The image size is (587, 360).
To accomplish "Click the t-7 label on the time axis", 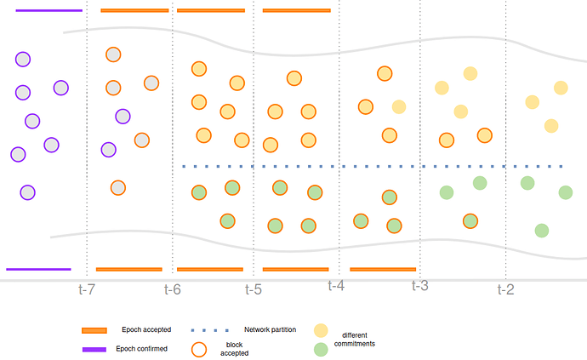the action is pyautogui.click(x=87, y=289).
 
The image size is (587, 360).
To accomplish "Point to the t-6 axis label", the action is pyautogui.click(x=173, y=289).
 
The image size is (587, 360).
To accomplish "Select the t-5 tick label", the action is pyautogui.click(x=254, y=289).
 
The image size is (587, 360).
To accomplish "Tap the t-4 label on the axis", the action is pyautogui.click(x=336, y=286).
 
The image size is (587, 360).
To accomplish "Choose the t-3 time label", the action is pyautogui.click(x=420, y=286).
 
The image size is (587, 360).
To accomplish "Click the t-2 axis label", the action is pyautogui.click(x=506, y=289).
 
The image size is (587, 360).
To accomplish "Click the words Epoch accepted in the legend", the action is pyautogui.click(x=146, y=329).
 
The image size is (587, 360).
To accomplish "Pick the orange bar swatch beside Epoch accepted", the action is pyautogui.click(x=94, y=330).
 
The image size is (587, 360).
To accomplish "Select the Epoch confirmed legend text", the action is pyautogui.click(x=141, y=349).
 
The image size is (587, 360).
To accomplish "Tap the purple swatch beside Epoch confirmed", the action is pyautogui.click(x=94, y=350).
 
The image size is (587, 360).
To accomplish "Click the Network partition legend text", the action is pyautogui.click(x=270, y=329).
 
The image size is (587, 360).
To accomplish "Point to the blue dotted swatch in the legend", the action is pyautogui.click(x=209, y=330).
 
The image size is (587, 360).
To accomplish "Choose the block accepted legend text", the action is pyautogui.click(x=234, y=349).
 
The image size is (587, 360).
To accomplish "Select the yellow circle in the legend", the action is pyautogui.click(x=321, y=331).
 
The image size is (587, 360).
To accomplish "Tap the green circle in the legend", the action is pyautogui.click(x=321, y=350).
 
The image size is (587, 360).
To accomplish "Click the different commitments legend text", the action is pyautogui.click(x=355, y=340).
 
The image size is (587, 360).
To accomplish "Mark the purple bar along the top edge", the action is pyautogui.click(x=49, y=10).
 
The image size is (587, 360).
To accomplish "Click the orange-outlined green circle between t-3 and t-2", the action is pyautogui.click(x=470, y=221).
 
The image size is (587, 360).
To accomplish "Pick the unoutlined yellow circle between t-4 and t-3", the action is pyautogui.click(x=399, y=106).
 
